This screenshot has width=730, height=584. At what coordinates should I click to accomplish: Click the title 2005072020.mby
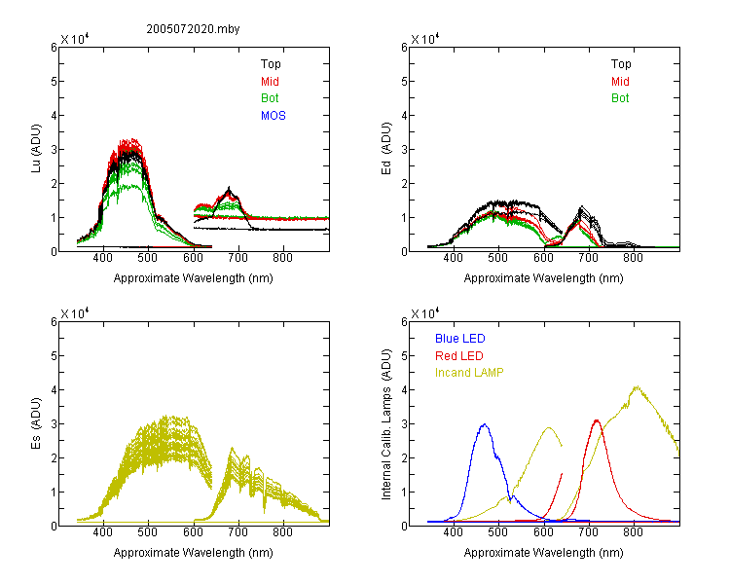(x=193, y=29)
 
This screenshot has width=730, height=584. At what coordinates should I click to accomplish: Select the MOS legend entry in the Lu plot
(x=273, y=116)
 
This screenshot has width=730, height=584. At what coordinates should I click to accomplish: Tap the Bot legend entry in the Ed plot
(x=620, y=98)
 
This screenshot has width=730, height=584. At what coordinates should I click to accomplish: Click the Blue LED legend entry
(x=460, y=339)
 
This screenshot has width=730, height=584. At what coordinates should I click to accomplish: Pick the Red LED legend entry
(x=459, y=356)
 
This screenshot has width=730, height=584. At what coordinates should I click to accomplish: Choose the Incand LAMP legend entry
(x=469, y=373)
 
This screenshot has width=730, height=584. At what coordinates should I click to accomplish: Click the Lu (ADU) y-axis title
(x=36, y=149)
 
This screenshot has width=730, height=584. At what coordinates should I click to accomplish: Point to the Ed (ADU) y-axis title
(x=386, y=149)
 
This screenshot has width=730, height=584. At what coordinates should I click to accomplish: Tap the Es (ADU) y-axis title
(x=36, y=423)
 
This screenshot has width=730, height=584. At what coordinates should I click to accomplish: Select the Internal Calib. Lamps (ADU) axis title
(x=386, y=423)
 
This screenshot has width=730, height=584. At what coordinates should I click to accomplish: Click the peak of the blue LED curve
(x=485, y=424)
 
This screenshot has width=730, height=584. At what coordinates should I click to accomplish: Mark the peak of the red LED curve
(x=597, y=420)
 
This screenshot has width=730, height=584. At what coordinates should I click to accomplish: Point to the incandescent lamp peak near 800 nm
(x=637, y=386)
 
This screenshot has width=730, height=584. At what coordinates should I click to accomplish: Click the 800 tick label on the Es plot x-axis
(x=282, y=532)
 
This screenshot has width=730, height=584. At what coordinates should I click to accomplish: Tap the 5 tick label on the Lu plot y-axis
(x=54, y=82)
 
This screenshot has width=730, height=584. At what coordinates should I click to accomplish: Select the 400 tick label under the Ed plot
(x=453, y=258)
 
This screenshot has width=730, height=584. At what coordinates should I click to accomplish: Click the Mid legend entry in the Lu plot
(x=270, y=82)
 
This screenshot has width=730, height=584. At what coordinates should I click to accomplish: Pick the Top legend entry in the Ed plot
(x=621, y=64)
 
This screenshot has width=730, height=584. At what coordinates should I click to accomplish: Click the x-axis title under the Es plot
(x=194, y=553)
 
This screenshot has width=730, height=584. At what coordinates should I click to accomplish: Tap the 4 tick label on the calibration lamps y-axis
(x=404, y=389)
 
